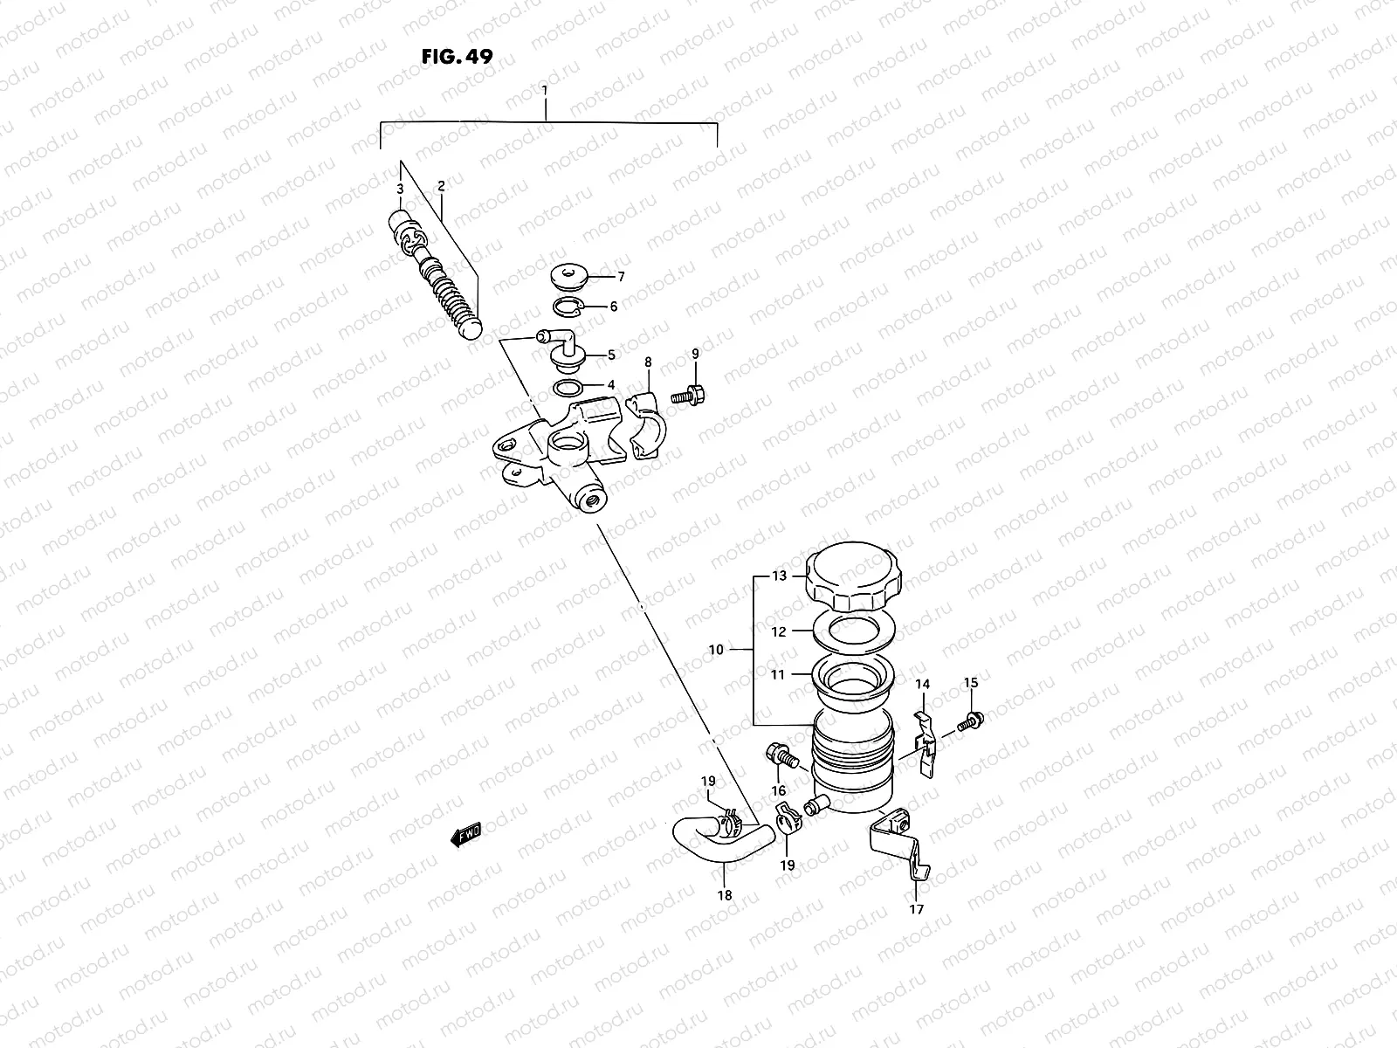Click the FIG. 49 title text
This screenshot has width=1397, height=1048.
pos(458,58)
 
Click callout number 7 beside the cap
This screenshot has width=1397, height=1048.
pos(621,277)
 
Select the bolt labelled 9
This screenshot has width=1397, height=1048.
pos(690,394)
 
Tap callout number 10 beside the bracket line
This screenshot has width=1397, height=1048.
pos(716,650)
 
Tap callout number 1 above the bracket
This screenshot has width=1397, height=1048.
pos(545,90)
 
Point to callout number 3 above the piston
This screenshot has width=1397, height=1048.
pos(399,189)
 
